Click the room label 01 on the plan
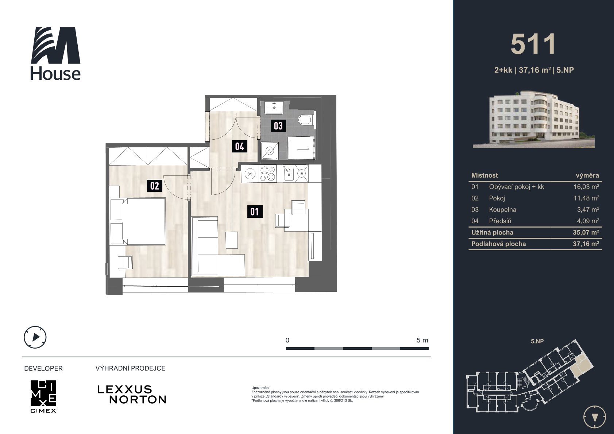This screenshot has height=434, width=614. coord(254,212)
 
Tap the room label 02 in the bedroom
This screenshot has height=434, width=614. coord(154,186)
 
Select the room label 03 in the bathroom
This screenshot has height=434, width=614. coord(278,126)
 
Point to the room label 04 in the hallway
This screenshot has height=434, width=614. coord(240,147)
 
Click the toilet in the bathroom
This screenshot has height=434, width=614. coord(306,120)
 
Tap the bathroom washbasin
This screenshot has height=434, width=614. coord(274,107)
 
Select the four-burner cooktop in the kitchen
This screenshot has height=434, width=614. coord(267,174)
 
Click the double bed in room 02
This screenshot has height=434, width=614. coord(138,221)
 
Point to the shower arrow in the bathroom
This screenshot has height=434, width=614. coord(304,149)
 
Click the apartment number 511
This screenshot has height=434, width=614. coord(533,44)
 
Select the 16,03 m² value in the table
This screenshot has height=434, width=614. coord(586,187)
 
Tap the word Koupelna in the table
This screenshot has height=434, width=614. coord(502,210)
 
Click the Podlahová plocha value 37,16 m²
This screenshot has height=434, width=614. coord(586,244)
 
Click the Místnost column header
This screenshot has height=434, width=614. coord(484,175)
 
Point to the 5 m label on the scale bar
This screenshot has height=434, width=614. coord(422,340)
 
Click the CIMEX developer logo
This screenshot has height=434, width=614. coord(43,396)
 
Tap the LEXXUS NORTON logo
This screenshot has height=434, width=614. coord(132,395)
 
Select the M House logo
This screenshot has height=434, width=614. coord(55,53)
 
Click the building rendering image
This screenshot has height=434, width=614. coord(533,119)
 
